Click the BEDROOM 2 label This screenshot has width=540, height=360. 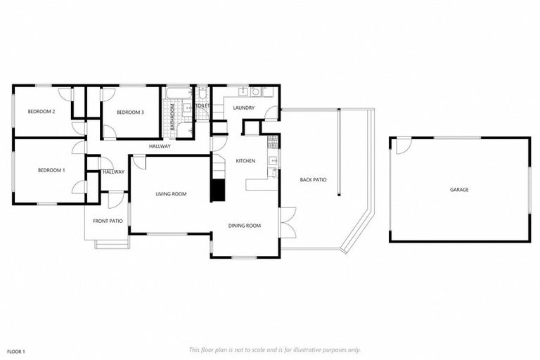[x=41, y=112]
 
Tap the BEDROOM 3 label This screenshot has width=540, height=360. [x=130, y=112]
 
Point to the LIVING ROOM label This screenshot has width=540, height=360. [x=171, y=194]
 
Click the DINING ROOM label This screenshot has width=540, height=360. [x=245, y=226]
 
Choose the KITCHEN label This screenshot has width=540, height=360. [x=245, y=162]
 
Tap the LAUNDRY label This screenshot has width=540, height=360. [x=244, y=108]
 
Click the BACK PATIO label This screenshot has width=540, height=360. [x=313, y=180]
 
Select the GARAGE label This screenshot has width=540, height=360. [x=459, y=190]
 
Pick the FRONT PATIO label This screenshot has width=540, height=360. [x=108, y=221]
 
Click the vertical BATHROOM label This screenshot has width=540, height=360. [x=172, y=118]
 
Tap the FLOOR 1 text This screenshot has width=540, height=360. [x=16, y=351]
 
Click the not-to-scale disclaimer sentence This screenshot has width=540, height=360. [x=274, y=349]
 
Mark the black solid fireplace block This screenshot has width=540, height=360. [x=218, y=190]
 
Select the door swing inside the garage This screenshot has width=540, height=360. [x=402, y=146]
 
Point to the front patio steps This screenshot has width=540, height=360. [x=112, y=244]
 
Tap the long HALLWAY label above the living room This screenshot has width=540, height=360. [x=160, y=146]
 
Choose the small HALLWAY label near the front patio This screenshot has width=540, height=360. [x=113, y=172]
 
